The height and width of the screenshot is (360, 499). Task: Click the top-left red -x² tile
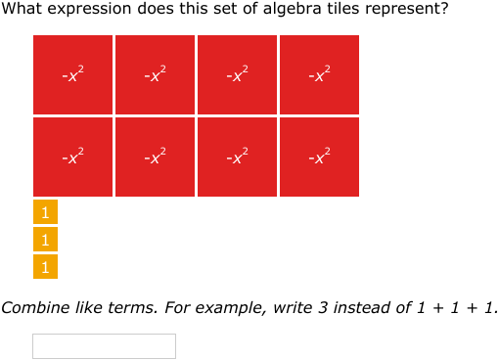point(73,74)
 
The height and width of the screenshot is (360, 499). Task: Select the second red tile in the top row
point(156,74)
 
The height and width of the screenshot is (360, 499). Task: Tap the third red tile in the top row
point(238,74)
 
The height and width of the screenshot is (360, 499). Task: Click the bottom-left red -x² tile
point(73,157)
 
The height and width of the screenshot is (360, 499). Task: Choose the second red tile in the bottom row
point(156,157)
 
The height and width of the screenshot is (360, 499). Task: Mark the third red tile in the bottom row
point(238,157)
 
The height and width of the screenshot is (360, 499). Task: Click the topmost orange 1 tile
point(45,211)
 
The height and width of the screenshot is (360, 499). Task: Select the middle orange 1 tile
point(45,239)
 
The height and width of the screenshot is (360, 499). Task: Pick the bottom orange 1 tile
point(45,266)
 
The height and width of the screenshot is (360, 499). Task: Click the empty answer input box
point(104,346)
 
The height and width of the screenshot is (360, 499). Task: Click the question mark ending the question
point(445,10)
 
